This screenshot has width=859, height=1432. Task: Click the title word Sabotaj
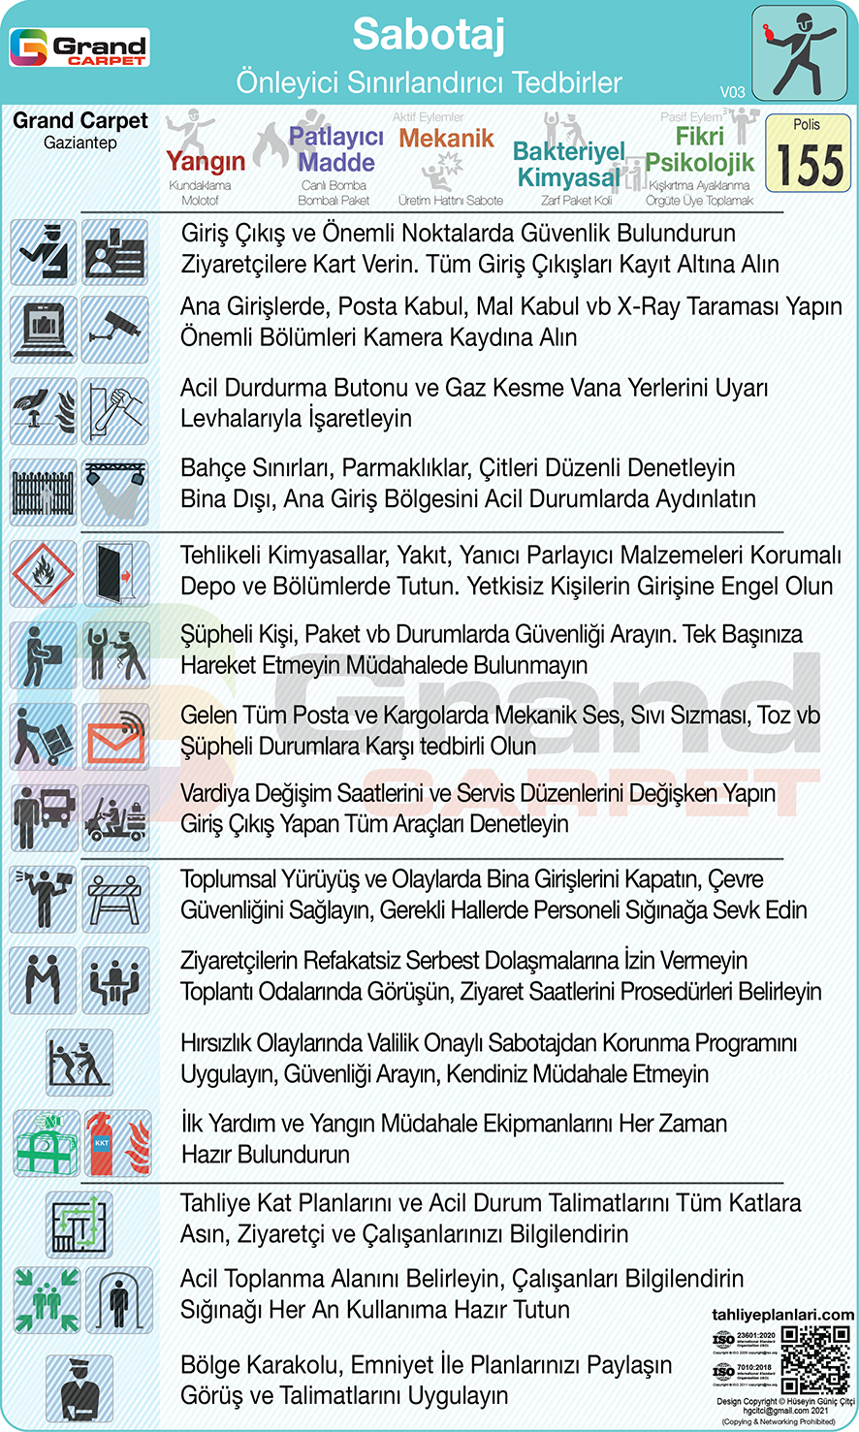pos(429,35)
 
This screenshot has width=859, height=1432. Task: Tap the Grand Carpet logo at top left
pos(80,48)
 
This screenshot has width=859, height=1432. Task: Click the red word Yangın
pos(205,161)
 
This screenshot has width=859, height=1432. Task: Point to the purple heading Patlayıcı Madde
pos(336,149)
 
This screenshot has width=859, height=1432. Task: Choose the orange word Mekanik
pos(446,139)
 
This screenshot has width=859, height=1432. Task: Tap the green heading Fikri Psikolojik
pos(699,149)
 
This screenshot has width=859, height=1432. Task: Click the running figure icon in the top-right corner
pos(800,53)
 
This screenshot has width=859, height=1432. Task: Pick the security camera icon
pos(115,330)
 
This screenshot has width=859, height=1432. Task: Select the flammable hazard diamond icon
pos(43,574)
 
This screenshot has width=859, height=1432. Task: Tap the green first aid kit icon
pos(47,1143)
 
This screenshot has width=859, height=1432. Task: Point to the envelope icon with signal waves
pos(115,736)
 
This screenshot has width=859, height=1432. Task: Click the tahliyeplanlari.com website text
pos(782,1315)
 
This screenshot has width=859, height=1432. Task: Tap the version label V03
pos(732,92)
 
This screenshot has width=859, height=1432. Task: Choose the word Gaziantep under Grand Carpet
pos(80,143)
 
